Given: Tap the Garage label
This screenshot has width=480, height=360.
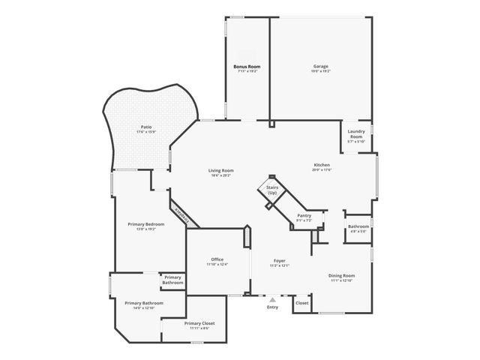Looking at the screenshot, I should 320,67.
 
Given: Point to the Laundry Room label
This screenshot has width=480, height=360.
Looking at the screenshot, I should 356,134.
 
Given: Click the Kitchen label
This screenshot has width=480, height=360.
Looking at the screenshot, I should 322,165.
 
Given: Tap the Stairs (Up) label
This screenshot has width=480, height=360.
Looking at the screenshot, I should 272,190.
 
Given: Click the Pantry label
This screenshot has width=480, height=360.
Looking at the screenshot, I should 304,215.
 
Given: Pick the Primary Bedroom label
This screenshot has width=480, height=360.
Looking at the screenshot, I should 145,224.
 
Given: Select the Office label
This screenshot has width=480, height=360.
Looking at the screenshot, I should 217,259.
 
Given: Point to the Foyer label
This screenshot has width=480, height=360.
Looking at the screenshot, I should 279,260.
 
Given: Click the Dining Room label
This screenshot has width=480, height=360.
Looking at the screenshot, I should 342,275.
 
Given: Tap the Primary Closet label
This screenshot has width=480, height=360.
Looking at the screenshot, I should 199,323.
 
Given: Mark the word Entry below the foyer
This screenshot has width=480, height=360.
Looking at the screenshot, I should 272,307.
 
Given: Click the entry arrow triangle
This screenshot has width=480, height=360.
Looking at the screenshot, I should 272,298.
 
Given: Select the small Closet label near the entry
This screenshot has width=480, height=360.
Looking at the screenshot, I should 301,303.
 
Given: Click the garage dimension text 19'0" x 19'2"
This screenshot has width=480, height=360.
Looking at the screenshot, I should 320,71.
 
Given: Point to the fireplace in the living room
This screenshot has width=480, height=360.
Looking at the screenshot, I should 181,214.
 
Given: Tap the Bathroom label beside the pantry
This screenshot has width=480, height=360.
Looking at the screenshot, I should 358,226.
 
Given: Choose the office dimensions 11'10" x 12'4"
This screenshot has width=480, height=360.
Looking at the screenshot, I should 217,264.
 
